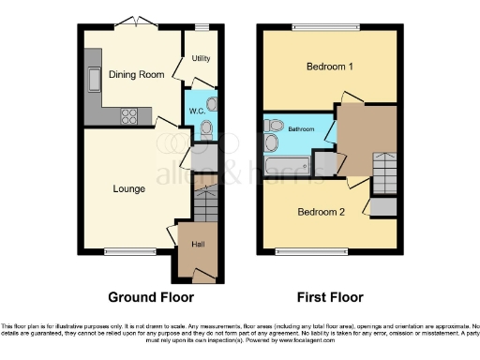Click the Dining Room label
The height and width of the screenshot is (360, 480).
tap(137, 74)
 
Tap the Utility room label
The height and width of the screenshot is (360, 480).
tap(201, 58)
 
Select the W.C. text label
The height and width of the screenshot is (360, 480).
tap(197, 111)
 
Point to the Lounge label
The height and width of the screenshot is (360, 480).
tap(128, 188)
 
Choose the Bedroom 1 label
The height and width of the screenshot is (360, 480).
tap(330, 67)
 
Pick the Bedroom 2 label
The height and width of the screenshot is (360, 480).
tap(321, 212)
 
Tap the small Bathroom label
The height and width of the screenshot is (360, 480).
tap(300, 128)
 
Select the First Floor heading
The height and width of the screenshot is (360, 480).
tap(331, 297)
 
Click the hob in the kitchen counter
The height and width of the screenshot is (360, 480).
tap(129, 117)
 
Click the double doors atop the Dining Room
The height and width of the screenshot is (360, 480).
tap(138, 22)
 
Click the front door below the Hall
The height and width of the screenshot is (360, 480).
tap(199, 275)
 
